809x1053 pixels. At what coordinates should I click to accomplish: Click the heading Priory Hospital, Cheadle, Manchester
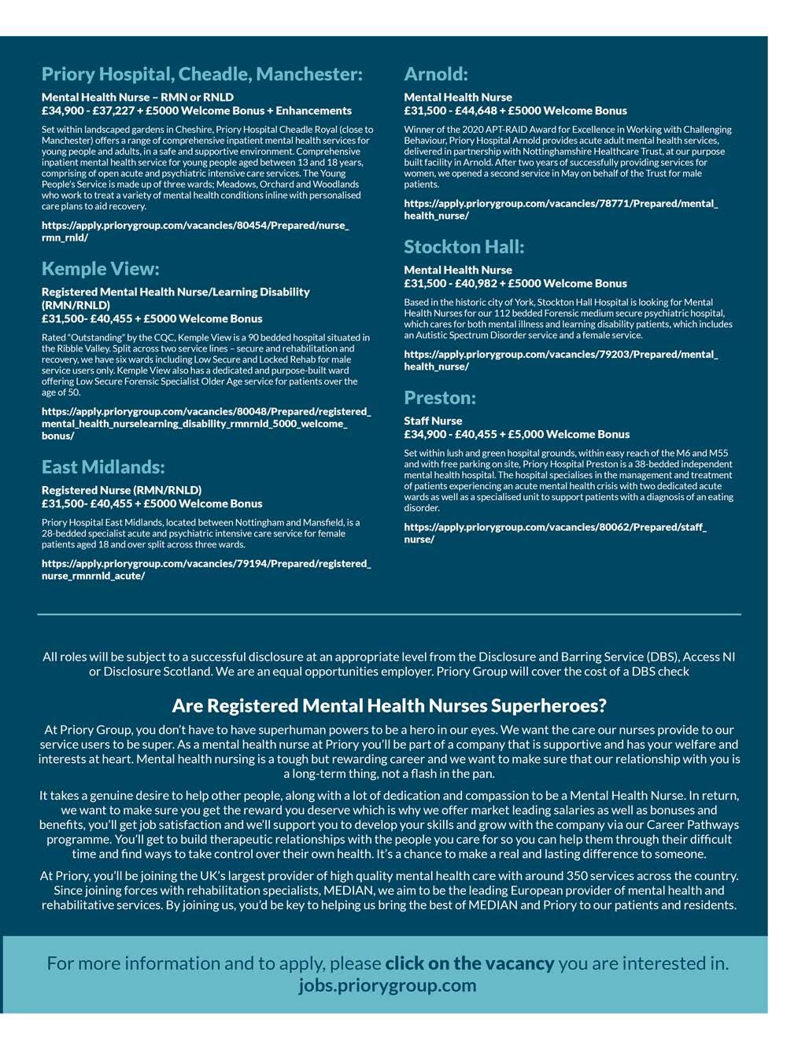pyautogui.click(x=201, y=74)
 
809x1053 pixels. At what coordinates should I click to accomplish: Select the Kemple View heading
pyautogui.click(x=100, y=269)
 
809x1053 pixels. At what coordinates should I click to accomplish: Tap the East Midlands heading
pyautogui.click(x=103, y=467)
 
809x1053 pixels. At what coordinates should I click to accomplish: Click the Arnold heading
pyautogui.click(x=435, y=74)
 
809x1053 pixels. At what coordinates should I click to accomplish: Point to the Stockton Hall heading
pyautogui.click(x=464, y=247)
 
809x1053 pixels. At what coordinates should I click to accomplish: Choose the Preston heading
pyautogui.click(x=439, y=398)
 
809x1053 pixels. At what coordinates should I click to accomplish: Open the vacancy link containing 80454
pyautogui.click(x=194, y=230)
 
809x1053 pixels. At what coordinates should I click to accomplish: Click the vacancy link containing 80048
pyautogui.click(x=205, y=423)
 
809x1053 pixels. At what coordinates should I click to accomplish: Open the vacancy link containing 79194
pyautogui.click(x=205, y=569)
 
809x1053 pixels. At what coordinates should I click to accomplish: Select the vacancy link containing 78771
pyautogui.click(x=560, y=209)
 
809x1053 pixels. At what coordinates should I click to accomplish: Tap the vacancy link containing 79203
pyautogui.click(x=560, y=360)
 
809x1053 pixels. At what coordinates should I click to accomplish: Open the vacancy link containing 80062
pyautogui.click(x=555, y=533)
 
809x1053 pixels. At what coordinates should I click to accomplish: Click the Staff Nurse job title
pyautogui.click(x=433, y=421)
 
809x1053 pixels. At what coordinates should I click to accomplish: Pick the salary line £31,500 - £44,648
pyautogui.click(x=515, y=111)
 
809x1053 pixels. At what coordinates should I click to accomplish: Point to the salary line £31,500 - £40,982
pyautogui.click(x=515, y=284)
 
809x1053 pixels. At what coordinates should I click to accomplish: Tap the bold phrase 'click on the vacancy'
pyautogui.click(x=469, y=963)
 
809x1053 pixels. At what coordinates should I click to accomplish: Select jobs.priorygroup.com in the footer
pyautogui.click(x=387, y=985)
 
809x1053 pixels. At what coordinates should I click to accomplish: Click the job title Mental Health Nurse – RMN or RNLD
pyautogui.click(x=138, y=98)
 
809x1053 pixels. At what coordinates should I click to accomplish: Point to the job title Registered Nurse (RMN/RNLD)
pyautogui.click(x=121, y=490)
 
